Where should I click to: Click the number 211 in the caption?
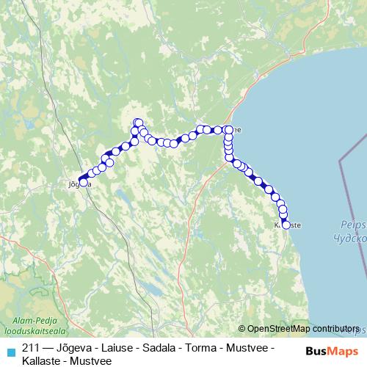32,347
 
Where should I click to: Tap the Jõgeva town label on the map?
79,184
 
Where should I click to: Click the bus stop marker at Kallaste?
286,225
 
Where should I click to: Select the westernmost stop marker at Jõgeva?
82,178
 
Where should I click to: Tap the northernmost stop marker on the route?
137,123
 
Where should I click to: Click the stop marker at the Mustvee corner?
228,130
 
